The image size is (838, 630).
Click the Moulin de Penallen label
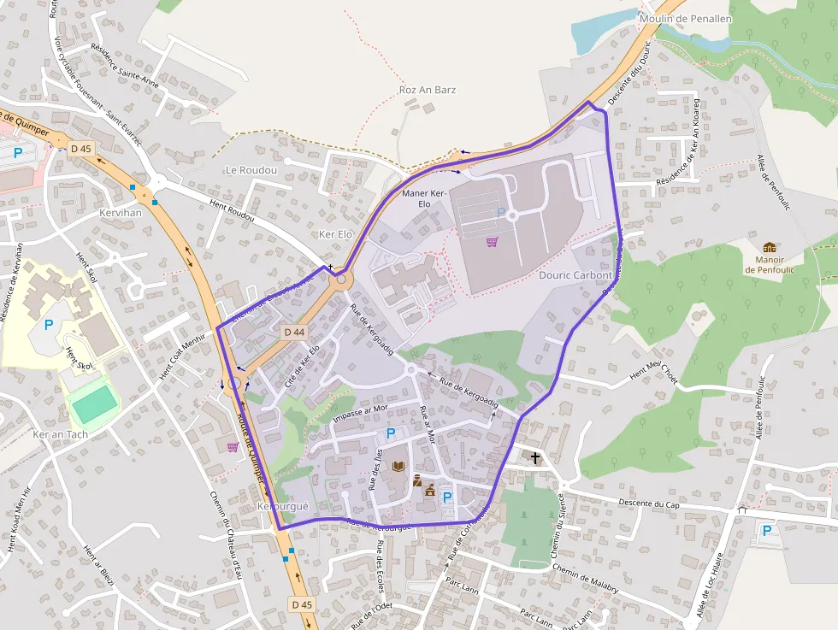686,18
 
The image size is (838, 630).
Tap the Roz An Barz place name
428,90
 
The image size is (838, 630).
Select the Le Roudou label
251,170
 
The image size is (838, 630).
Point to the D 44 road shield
293,332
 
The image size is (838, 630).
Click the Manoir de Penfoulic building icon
770,247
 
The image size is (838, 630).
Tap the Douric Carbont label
575,275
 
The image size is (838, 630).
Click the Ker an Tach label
60,434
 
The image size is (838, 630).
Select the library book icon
398,466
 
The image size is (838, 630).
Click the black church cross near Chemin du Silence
535,458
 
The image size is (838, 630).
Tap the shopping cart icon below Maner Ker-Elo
492,242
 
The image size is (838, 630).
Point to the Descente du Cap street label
648,503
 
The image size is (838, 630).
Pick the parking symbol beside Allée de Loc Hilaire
766,531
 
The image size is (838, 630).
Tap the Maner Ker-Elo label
424,198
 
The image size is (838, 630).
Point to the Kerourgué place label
282,507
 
